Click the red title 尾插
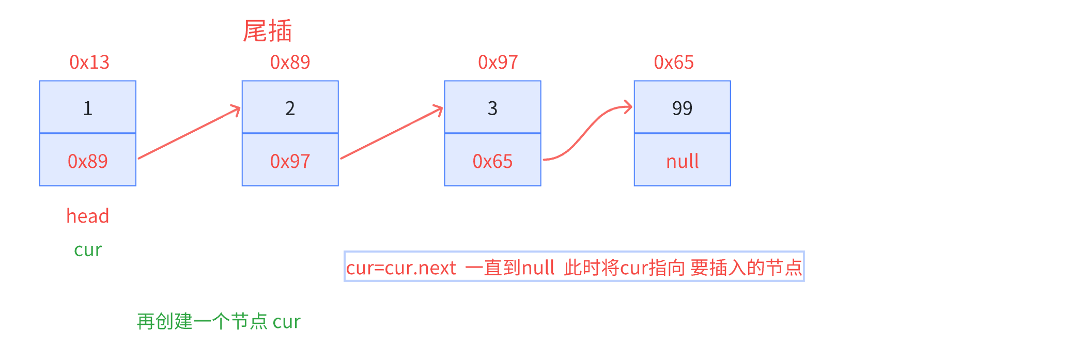tap(268, 31)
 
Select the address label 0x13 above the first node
tap(89, 62)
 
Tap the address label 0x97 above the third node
tap(498, 62)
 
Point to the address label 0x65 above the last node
tap(674, 62)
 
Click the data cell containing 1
tap(88, 107)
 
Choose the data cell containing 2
tap(290, 107)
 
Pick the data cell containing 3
tap(492, 107)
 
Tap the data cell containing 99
tap(682, 107)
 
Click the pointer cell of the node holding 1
tap(88, 161)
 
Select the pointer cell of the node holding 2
tap(290, 161)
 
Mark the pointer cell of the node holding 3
tap(492, 161)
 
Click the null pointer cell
tap(682, 161)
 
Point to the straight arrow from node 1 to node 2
tap(189, 133)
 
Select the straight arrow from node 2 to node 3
tap(392, 133)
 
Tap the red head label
tap(88, 216)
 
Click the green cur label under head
tap(88, 250)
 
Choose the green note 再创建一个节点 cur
tap(218, 322)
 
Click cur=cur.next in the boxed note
tap(401, 268)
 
